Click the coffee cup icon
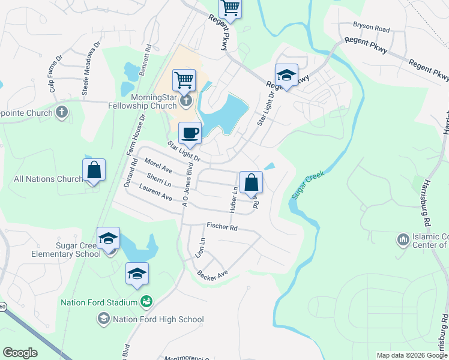point(190,133)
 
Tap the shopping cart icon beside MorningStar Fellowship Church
point(184,80)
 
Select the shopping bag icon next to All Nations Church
point(94,170)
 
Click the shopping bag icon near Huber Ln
point(251,182)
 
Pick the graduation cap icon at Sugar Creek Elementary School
point(108,238)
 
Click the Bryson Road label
point(371,28)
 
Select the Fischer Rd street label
point(222,227)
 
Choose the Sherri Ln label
point(159,179)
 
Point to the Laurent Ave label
point(155,193)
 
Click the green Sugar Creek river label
point(308,185)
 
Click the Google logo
point(20,353)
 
